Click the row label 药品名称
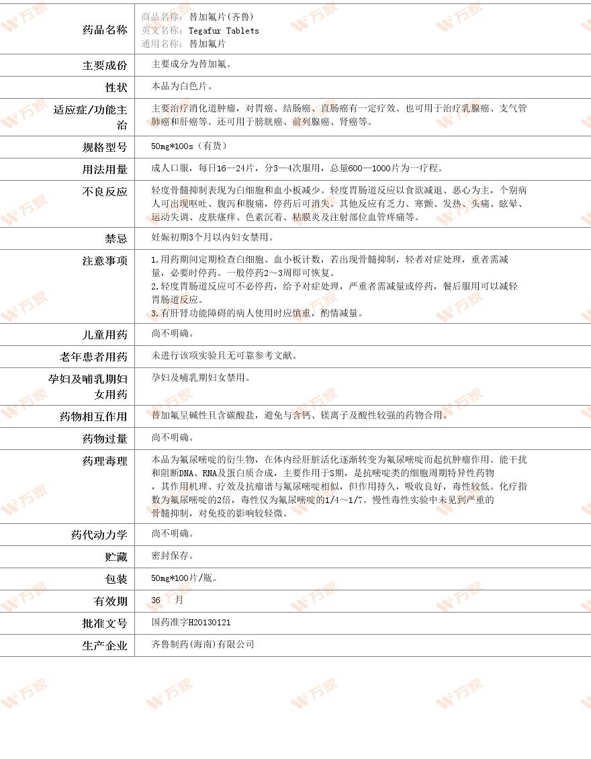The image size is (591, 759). coord(104,30)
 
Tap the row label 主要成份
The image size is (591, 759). coord(104,65)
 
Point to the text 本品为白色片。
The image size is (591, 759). coord(183,87)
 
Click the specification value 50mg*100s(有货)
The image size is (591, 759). coord(189,146)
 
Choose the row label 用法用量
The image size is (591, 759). coord(104,169)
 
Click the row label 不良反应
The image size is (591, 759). coord(104,191)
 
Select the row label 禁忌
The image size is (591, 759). coord(116,238)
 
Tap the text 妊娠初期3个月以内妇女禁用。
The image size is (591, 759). coord(213,237)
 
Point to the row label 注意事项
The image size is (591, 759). coord(104,261)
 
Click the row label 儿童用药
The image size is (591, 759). coord(104,334)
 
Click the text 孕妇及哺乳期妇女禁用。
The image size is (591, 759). coord(201,377)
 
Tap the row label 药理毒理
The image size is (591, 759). coord(104,461)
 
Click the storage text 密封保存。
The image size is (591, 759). coord(173,555)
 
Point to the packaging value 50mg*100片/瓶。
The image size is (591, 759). coord(185,578)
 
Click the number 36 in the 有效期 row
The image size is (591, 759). coord(156,600)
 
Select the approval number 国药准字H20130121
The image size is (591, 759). coord(191,623)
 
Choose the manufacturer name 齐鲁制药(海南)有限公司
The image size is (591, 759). coord(203,644)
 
